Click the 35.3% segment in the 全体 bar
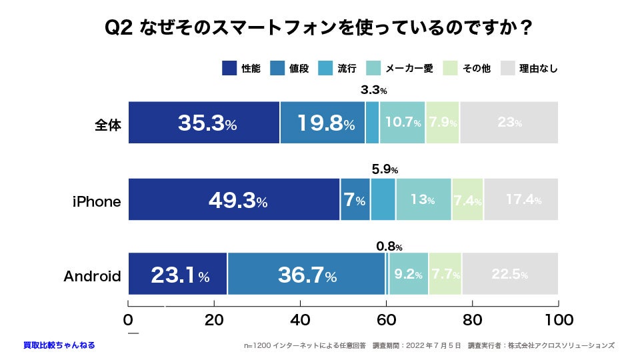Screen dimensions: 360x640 tap(204, 123)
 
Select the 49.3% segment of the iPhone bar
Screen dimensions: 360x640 tap(234, 199)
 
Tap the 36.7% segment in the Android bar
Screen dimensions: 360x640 tap(307, 274)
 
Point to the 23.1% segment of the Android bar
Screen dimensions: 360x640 tap(178, 274)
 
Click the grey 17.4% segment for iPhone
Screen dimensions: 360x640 tap(521, 199)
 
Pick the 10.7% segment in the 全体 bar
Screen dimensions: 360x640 tap(403, 123)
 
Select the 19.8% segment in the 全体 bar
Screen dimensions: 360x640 tap(323, 123)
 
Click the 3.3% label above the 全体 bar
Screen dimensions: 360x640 tap(374, 89)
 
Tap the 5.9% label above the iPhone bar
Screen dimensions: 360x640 tap(385, 169)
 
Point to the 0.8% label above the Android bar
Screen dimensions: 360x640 tap(389, 246)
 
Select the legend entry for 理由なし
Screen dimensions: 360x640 tap(529, 68)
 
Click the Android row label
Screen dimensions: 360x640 tap(92, 275)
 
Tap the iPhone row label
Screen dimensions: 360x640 tap(97, 201)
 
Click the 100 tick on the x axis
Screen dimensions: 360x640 tap(557, 319)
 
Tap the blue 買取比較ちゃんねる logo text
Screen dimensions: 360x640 tap(59, 345)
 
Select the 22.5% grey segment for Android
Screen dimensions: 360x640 tap(510, 274)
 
